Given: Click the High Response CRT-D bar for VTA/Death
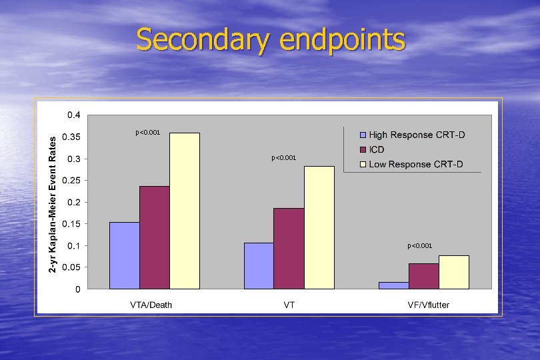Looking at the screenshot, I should (124, 255).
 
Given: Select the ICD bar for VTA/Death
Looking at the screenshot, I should (154, 237).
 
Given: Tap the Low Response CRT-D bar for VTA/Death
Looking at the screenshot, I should (185, 211).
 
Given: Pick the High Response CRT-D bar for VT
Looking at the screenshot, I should (259, 266).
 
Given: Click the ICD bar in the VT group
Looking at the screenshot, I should (289, 249).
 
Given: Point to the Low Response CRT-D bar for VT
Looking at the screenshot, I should (319, 227).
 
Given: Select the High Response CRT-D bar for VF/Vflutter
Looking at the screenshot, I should (393, 285).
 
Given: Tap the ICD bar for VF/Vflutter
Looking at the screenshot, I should (423, 276).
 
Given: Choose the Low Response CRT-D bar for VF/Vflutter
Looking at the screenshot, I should (453, 272).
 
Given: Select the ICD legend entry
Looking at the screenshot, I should (377, 150).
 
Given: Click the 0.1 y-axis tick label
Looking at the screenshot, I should (75, 246).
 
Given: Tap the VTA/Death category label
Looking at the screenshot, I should (151, 305).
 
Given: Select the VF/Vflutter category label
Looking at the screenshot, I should (429, 305).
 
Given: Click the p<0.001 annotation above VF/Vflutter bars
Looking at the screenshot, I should (420, 246).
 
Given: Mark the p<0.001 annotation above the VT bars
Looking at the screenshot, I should (283, 158).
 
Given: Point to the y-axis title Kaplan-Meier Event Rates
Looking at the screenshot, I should (53, 200).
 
